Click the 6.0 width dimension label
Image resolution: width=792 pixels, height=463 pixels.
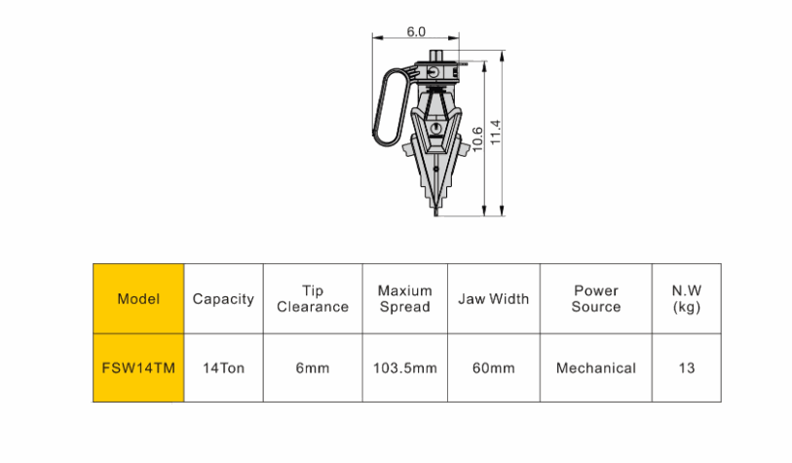coord(416,31)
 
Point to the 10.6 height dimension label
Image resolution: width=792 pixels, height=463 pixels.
coord(477,139)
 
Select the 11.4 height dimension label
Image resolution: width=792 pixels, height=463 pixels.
coord(496,132)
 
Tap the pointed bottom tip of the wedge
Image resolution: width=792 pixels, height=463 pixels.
coord(435,214)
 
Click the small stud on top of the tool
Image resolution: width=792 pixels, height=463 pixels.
coord(436,56)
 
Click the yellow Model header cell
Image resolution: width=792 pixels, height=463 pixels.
coord(138,298)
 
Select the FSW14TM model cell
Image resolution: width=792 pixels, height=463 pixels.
coord(138,367)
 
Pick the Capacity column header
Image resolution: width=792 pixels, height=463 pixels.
coord(223,298)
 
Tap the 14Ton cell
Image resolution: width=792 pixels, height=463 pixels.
coord(223,367)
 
